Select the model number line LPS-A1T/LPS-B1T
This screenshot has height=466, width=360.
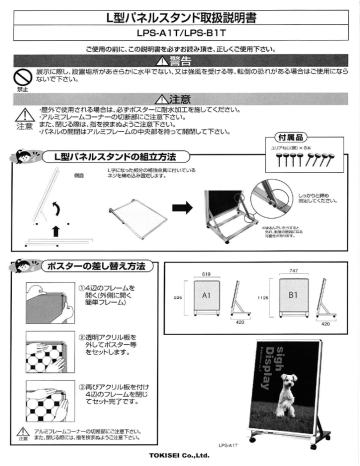coord(180,34)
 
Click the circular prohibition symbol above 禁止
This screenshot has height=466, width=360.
coord(17,75)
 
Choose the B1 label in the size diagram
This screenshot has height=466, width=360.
coord(293,325)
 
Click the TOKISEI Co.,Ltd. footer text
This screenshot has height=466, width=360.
coord(180,458)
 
